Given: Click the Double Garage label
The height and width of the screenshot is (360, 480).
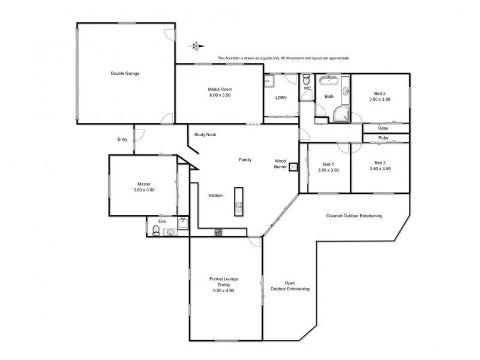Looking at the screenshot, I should (x=125, y=73).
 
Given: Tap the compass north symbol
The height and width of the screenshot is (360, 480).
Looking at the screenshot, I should (x=196, y=45).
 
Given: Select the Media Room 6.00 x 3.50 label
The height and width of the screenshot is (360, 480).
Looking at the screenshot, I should (x=219, y=92).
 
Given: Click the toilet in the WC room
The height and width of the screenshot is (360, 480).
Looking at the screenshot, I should (x=307, y=80).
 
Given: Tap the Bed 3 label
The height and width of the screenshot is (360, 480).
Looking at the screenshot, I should (x=379, y=96).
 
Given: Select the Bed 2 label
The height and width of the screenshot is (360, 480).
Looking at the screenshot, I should (x=379, y=166).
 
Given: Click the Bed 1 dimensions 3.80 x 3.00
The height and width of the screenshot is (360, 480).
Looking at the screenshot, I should (x=328, y=170).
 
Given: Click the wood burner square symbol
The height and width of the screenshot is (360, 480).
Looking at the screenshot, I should (x=293, y=167).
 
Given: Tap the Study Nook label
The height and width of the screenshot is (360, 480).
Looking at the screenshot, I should (x=205, y=134).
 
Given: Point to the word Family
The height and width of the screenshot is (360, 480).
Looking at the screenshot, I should (x=245, y=160).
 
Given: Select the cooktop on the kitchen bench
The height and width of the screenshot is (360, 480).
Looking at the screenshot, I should (x=218, y=232).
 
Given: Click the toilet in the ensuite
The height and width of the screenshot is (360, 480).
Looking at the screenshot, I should (x=157, y=232).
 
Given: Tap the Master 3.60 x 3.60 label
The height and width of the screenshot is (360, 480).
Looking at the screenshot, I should (x=143, y=187).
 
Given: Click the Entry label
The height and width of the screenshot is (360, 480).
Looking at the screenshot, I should (x=122, y=139).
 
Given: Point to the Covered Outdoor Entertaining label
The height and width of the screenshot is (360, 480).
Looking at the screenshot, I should (x=354, y=216).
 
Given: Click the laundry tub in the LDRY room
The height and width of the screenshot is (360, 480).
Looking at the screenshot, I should (x=270, y=80).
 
